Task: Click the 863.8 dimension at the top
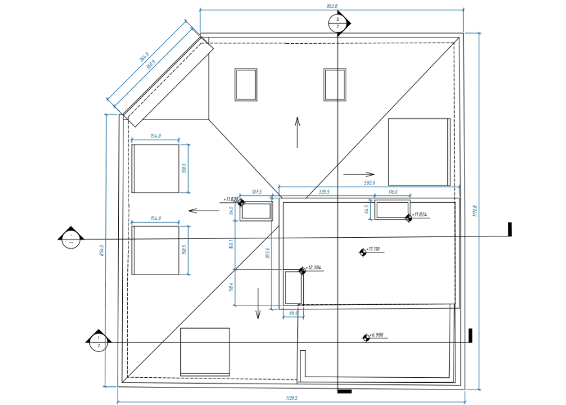point(332,6)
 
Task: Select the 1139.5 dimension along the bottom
point(291,399)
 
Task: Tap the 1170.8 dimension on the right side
point(475,211)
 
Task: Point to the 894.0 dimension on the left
point(101,250)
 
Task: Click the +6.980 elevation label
point(376,335)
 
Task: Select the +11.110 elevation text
point(373,249)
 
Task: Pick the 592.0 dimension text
point(369,183)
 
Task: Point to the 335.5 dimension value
point(324,192)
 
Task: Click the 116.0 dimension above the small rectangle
point(393,192)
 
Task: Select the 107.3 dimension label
point(256,192)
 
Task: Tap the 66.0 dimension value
point(293,313)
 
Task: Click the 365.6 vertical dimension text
point(267,253)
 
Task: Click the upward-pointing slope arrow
point(297,132)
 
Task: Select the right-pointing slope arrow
point(359,174)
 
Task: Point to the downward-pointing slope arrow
point(258,303)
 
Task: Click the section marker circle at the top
point(337,23)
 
